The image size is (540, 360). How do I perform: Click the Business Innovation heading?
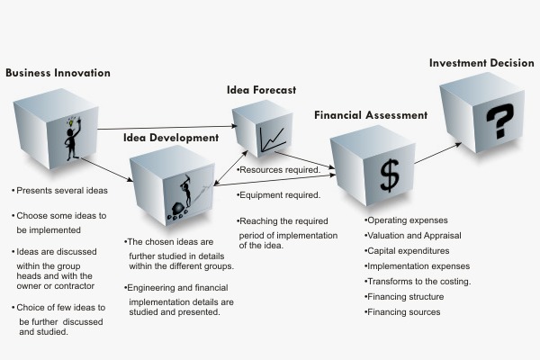(58, 73)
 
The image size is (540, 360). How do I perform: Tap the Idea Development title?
(171, 138)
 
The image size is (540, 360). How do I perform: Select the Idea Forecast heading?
(261, 90)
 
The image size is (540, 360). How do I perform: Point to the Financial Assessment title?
(371, 115)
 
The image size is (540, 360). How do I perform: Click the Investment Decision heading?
(481, 63)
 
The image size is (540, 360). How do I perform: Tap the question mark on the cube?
(500, 121)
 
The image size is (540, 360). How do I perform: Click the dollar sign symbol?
(390, 175)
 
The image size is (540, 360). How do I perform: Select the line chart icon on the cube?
(273, 139)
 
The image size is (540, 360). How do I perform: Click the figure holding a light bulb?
(73, 139)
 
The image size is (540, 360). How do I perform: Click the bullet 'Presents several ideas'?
(59, 191)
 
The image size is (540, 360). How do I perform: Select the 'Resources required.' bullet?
(279, 170)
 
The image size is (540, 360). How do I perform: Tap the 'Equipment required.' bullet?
(279, 195)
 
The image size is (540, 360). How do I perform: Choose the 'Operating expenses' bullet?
(406, 220)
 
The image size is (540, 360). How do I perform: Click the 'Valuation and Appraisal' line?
(412, 236)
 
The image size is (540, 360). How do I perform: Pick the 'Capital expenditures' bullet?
(407, 251)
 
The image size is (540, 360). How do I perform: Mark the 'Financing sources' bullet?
(402, 312)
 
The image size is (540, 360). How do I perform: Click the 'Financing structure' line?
(404, 297)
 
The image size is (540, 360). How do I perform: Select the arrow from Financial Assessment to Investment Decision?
(437, 153)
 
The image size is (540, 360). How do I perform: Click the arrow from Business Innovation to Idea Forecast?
(167, 128)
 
